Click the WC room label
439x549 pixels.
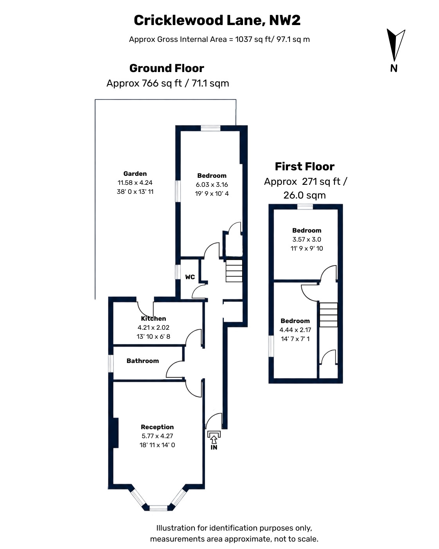pyautogui.click(x=190, y=277)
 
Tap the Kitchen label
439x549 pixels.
pyautogui.click(x=153, y=318)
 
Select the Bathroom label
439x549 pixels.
pyautogui.click(x=143, y=361)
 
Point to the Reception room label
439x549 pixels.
pyautogui.click(x=157, y=427)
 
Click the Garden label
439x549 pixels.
pyautogui.click(x=135, y=174)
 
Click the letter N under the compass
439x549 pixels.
pyautogui.click(x=394, y=69)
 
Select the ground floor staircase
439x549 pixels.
pyautogui.click(x=234, y=271)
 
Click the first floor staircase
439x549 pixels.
pyautogui.click(x=328, y=315)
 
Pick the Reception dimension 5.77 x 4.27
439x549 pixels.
pyautogui.click(x=157, y=436)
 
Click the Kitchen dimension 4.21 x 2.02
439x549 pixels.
pyautogui.click(x=153, y=327)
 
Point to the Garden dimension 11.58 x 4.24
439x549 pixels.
pyautogui.click(x=135, y=182)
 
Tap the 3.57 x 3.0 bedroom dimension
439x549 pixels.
pyautogui.click(x=307, y=239)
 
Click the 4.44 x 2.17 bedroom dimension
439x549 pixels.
pyautogui.click(x=295, y=330)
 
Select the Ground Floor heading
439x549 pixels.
pyautogui.click(x=167, y=68)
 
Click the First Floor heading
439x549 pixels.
pyautogui.click(x=305, y=166)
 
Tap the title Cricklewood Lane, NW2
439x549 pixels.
pyautogui.click(x=217, y=20)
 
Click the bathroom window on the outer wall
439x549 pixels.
pyautogui.click(x=111, y=363)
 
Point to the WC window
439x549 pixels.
pyautogui.click(x=178, y=272)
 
